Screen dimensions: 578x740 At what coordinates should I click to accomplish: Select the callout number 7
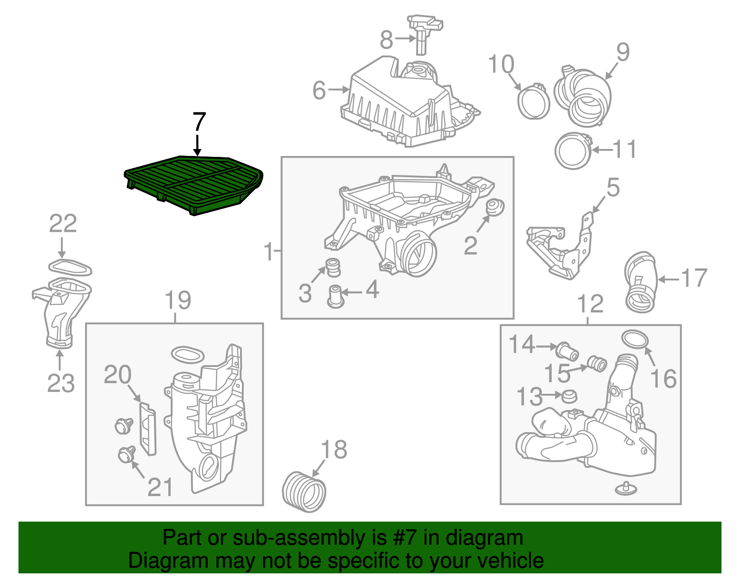198,122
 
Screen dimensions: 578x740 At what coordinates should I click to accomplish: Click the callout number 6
319,90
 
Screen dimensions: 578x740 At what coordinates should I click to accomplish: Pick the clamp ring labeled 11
573,151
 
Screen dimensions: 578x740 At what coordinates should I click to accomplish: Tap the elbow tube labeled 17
640,282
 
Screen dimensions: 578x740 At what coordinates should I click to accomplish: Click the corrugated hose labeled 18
304,492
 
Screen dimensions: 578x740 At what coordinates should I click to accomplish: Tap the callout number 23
61,383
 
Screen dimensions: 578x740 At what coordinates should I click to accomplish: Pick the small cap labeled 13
569,396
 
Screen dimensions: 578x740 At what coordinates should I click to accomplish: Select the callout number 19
178,301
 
